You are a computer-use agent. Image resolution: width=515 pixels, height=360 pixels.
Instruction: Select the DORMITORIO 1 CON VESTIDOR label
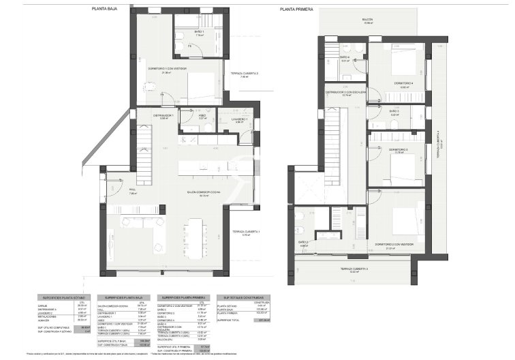click(166, 69)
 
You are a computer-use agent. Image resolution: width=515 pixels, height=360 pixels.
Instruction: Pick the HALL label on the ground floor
click(133, 191)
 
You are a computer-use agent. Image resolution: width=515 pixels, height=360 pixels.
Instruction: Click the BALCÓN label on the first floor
click(368, 20)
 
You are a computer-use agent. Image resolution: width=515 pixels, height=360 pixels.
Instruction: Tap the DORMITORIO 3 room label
click(398, 149)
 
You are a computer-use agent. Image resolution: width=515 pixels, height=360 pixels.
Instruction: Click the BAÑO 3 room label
click(394, 110)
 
